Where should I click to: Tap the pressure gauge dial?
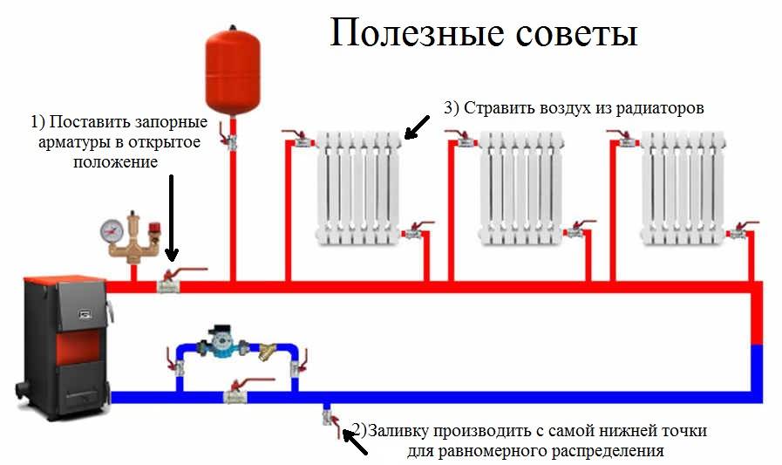(x=112, y=230)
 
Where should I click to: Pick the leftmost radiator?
(x=358, y=187)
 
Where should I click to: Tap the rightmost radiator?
(x=683, y=187)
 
